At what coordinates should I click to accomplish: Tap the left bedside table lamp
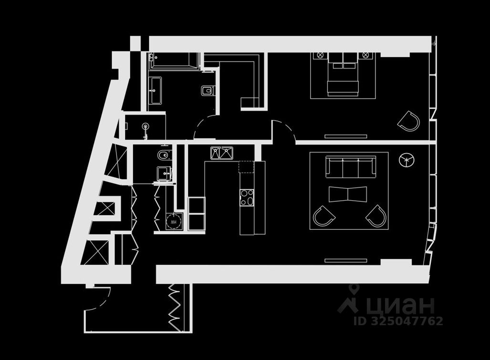pos(318,55)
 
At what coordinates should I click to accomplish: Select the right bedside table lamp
pos(366,55)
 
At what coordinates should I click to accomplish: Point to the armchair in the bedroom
pos(409,121)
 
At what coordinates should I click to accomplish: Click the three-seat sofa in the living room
pos(350,166)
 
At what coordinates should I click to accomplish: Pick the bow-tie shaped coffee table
pos(348,194)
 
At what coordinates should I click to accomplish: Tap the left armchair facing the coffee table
pos(323,216)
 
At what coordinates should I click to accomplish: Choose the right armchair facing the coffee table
pos(376,216)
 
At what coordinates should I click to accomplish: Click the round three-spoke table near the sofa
pos(406,161)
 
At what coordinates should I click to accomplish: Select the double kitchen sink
pos(221,153)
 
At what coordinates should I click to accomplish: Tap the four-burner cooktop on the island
pos(247,197)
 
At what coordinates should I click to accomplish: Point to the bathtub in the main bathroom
pos(174,61)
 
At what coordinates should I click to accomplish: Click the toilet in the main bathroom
pos(207,91)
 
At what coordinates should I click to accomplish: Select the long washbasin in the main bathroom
pos(156,91)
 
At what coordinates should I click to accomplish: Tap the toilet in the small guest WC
pos(162,155)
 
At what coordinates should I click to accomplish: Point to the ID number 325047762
pos(398,321)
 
